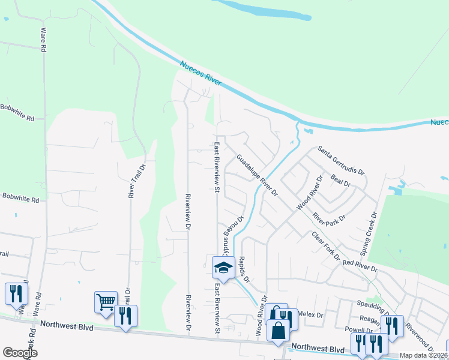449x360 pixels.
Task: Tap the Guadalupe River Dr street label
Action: (257, 176)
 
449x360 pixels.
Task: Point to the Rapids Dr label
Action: (244, 268)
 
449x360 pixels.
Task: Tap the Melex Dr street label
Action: (310, 314)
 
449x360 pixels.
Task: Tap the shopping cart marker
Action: (106, 302)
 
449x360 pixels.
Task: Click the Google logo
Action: (20, 353)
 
